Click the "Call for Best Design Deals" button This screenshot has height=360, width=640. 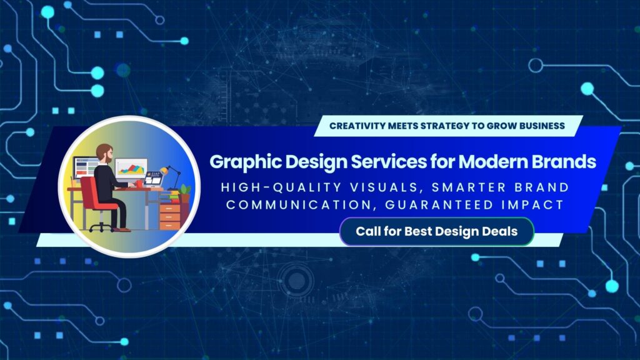coord(436,231)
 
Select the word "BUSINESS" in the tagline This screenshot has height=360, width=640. coord(541,126)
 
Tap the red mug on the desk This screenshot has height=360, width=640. coord(138,184)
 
